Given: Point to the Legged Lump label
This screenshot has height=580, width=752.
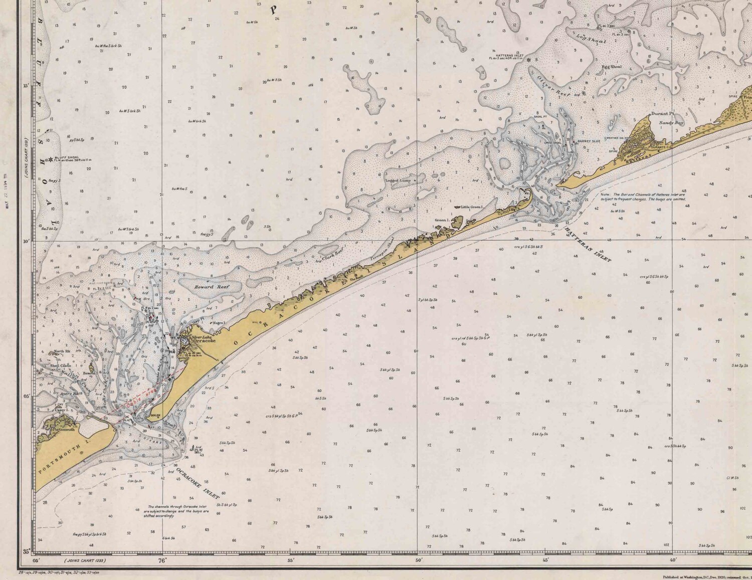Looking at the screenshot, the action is (x=398, y=180).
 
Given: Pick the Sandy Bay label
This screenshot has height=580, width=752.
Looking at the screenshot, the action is (x=671, y=122).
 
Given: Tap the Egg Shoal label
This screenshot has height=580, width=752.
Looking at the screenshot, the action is (x=612, y=67).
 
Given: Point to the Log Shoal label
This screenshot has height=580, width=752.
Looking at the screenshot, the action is (x=592, y=39).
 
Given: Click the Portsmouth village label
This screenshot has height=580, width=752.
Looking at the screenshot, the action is (x=64, y=430).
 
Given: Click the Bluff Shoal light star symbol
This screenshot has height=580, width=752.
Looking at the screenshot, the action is (x=50, y=160).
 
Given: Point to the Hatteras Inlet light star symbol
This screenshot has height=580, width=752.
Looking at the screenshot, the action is (x=528, y=60).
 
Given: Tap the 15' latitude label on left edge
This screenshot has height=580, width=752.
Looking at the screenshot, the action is (x=26, y=86).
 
